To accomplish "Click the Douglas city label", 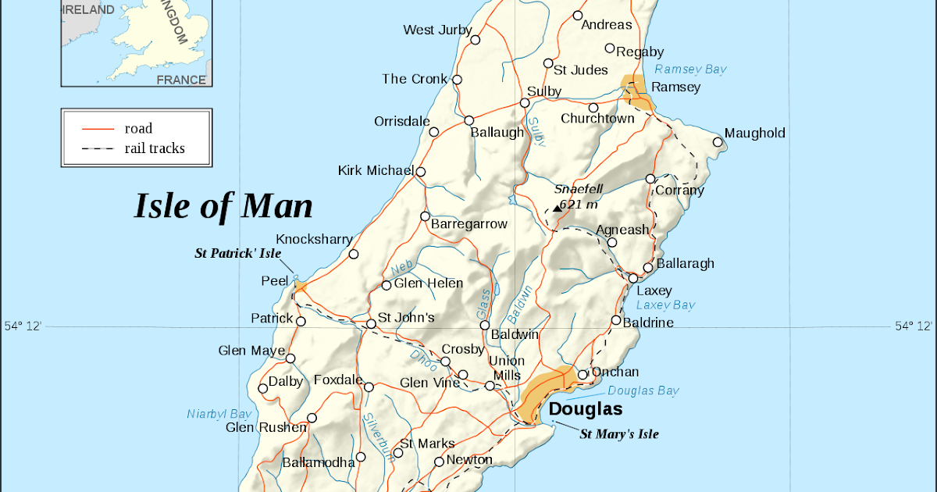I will click(x=586, y=409).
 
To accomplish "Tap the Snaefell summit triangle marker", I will click(x=557, y=208).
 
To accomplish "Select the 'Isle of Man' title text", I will click(x=223, y=205).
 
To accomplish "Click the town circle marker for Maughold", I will click(x=718, y=141).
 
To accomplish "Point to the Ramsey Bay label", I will click(x=690, y=70).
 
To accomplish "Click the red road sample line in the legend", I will click(x=98, y=129).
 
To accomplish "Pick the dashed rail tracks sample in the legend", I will click(x=98, y=148).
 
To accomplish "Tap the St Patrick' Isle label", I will click(x=237, y=254).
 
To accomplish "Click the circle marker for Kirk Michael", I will click(x=421, y=172).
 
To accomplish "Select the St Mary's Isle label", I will click(x=618, y=434).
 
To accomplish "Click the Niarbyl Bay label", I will click(x=219, y=414).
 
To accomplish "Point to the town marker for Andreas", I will click(x=578, y=16).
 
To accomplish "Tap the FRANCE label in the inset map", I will click(x=181, y=80).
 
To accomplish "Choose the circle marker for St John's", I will click(x=372, y=324).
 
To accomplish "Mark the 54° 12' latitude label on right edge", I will click(x=913, y=326).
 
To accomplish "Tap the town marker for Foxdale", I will click(x=369, y=387).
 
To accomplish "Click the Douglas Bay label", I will click(x=643, y=391).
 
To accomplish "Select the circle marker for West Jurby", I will click(x=476, y=39).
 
